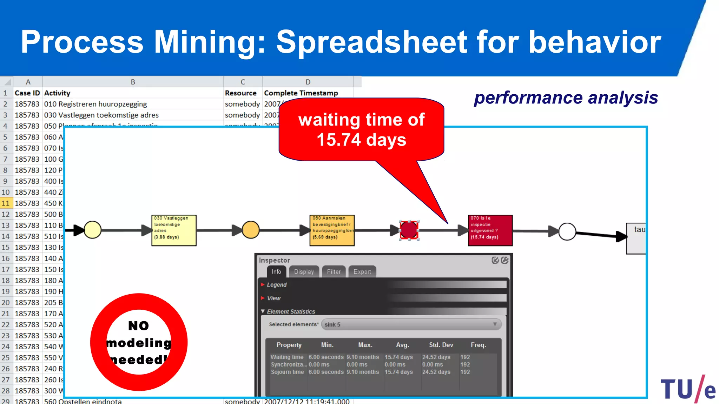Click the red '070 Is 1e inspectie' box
pyautogui.click(x=490, y=230)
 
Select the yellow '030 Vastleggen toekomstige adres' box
pyautogui.click(x=174, y=230)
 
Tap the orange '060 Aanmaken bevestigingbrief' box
pyautogui.click(x=332, y=230)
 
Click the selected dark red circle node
pyautogui.click(x=409, y=230)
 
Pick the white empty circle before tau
pyautogui.click(x=567, y=231)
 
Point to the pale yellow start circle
pyautogui.click(x=93, y=230)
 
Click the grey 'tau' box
pyautogui.click(x=636, y=238)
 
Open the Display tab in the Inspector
pyautogui.click(x=304, y=272)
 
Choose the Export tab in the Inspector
pyautogui.click(x=362, y=272)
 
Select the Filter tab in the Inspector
pyautogui.click(x=334, y=272)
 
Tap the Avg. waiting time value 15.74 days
pyautogui.click(x=398, y=357)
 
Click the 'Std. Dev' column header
pyautogui.click(x=441, y=345)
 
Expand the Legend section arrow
pyautogui.click(x=263, y=285)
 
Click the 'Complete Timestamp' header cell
pyautogui.click(x=301, y=93)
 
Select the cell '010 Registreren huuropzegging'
pyautogui.click(x=95, y=104)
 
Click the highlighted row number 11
pyautogui.click(x=6, y=203)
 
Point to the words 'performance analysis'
pyautogui.click(x=566, y=98)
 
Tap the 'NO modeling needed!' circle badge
pyautogui.click(x=139, y=342)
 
